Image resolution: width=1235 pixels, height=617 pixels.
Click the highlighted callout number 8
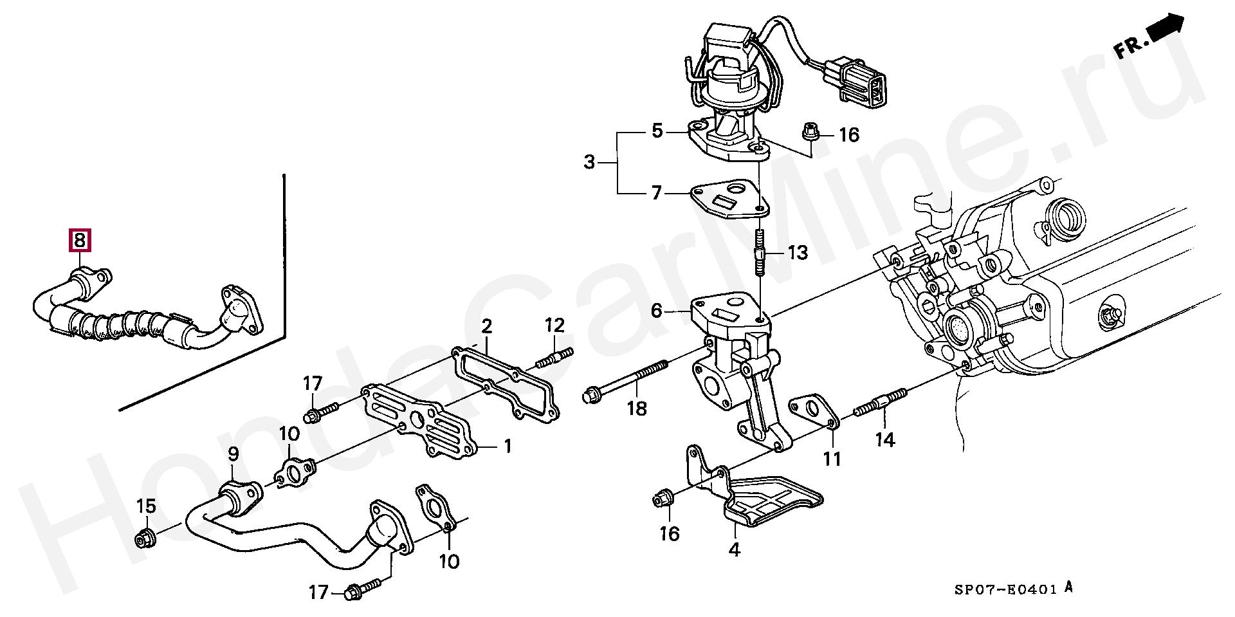tap(79, 241)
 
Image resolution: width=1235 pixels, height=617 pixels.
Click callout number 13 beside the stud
tap(798, 253)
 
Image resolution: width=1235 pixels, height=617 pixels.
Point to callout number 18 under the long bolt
tap(637, 408)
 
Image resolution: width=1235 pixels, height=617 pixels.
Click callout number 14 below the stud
tap(885, 440)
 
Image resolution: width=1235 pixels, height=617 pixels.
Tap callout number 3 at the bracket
tap(589, 162)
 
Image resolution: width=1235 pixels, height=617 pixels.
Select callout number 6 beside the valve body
tap(656, 311)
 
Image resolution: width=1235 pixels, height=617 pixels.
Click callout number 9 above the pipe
tap(233, 454)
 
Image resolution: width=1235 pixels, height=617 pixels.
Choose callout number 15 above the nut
tap(147, 507)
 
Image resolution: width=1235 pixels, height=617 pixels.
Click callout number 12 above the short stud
tap(554, 325)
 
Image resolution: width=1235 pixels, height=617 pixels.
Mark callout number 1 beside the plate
tap(507, 446)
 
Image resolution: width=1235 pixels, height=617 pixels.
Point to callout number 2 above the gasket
tap(486, 326)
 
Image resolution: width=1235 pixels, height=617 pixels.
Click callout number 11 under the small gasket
tap(832, 459)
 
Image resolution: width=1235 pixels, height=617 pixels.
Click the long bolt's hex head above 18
tap(592, 393)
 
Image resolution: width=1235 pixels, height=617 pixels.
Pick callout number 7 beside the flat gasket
tap(656, 192)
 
